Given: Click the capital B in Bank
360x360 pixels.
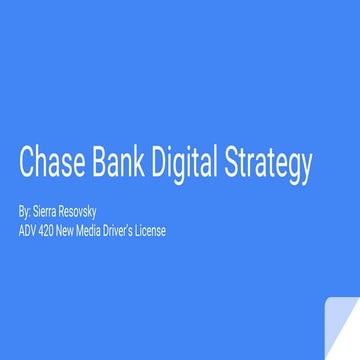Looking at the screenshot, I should click(x=102, y=163).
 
